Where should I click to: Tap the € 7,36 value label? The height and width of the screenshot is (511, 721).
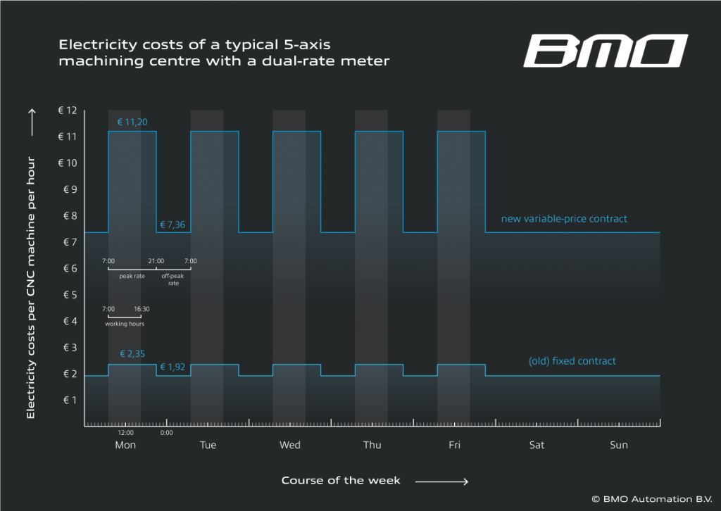pyautogui.click(x=173, y=225)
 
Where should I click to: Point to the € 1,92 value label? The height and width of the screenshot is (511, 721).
pyautogui.click(x=173, y=367)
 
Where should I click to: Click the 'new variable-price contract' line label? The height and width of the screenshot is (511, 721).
pyautogui.click(x=563, y=219)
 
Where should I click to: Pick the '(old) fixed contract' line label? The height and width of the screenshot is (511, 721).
pyautogui.click(x=572, y=361)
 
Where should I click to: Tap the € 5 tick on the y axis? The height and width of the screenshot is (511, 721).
pyautogui.click(x=69, y=294)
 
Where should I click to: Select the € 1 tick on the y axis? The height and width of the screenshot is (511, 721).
pyautogui.click(x=69, y=400)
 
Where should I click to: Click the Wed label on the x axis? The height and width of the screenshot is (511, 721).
pyautogui.click(x=290, y=445)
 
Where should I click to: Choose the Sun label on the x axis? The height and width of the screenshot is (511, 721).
pyautogui.click(x=618, y=445)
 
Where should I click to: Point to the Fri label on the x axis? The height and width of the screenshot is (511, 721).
pyautogui.click(x=454, y=445)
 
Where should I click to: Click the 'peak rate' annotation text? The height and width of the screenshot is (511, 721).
pyautogui.click(x=132, y=276)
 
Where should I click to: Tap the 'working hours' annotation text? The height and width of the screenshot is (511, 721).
pyautogui.click(x=125, y=324)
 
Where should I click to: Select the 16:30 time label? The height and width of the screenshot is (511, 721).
pyautogui.click(x=142, y=308)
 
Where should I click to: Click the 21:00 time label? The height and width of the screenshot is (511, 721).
pyautogui.click(x=156, y=261)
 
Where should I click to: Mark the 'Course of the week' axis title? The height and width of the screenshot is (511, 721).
pyautogui.click(x=341, y=481)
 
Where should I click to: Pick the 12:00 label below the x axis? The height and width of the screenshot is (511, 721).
pyautogui.click(x=125, y=432)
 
